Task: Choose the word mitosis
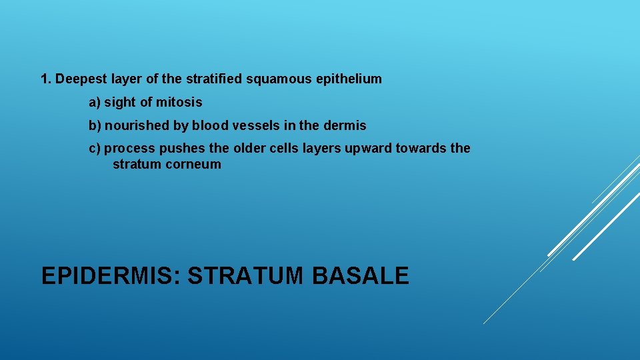179,103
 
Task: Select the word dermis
345,125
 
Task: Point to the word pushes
176,149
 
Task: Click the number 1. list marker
46,79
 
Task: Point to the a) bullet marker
95,103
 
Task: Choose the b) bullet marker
95,125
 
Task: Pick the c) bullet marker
95,149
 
